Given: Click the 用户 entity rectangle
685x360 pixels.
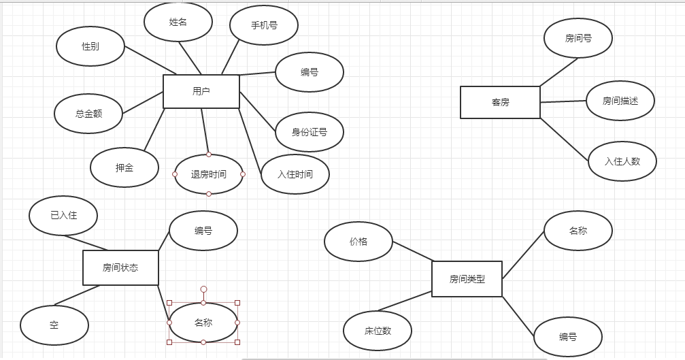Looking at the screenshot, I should [201, 91].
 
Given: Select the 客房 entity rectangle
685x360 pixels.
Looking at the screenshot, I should [500, 102].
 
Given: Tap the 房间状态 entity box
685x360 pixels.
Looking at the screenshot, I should [120, 267].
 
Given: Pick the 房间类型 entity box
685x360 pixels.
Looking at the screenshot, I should [467, 279].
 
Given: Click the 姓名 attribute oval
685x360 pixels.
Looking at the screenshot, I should [178, 22].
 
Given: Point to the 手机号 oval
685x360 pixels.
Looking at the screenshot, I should [264, 25].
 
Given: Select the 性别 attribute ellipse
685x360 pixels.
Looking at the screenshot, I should [90, 46].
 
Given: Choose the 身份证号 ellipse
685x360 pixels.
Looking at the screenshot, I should [310, 132].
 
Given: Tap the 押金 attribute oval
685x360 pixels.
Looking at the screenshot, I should [124, 167].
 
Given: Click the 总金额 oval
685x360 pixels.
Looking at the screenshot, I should [88, 114].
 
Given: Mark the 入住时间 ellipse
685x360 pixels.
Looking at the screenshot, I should [295, 174].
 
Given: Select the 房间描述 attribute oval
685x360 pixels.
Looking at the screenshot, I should [620, 101].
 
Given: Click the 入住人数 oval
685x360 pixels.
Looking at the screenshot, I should [622, 161].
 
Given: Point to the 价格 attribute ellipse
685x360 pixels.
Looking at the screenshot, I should [358, 242].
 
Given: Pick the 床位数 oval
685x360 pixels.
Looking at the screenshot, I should [378, 331].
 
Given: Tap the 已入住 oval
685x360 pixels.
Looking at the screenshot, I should [63, 216].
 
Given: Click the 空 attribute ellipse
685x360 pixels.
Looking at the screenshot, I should [54, 325].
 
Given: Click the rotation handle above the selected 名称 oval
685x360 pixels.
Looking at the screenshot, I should [203, 289].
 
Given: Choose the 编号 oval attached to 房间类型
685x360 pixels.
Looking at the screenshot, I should [568, 337].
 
